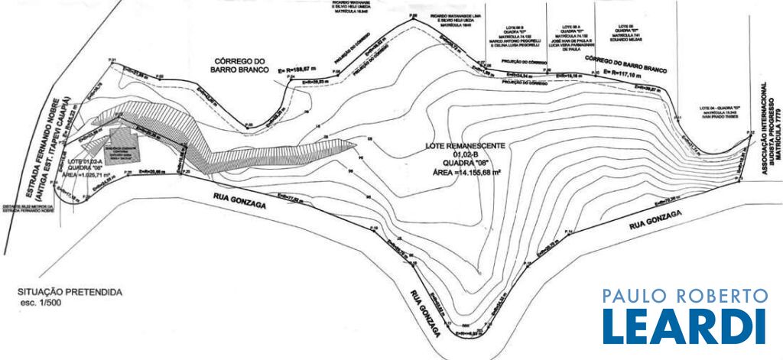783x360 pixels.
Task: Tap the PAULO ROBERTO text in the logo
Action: coord(684,296)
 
